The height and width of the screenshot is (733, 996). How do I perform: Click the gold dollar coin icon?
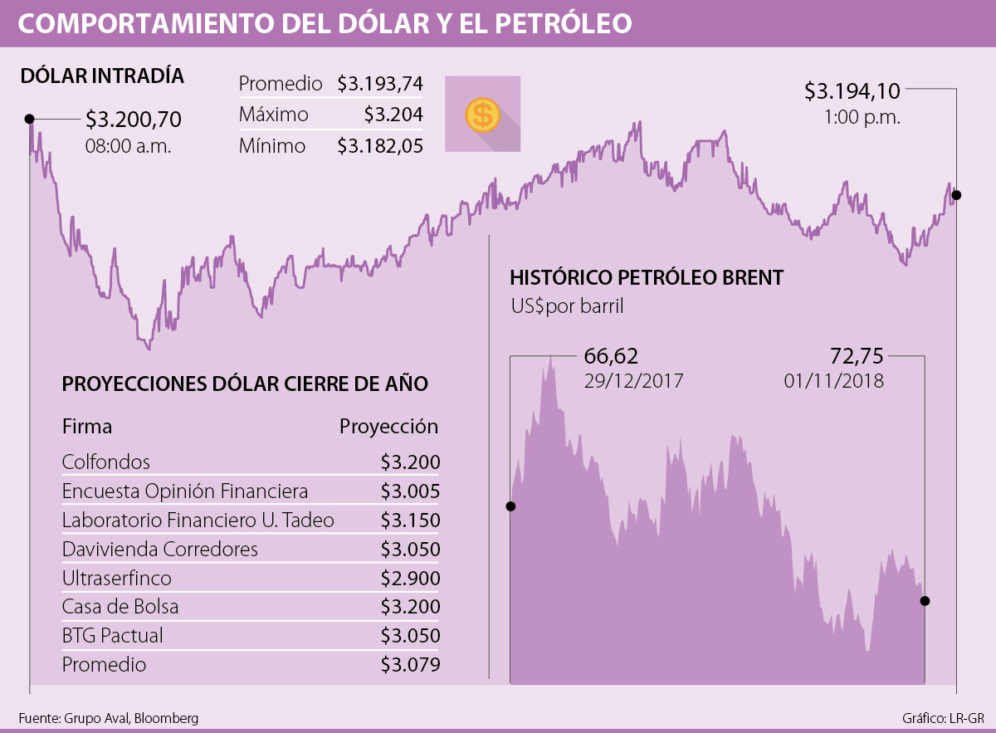[x=482, y=114]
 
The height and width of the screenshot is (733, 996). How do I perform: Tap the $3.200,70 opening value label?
[x=133, y=120]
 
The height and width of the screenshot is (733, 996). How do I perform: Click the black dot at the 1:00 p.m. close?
[x=956, y=195]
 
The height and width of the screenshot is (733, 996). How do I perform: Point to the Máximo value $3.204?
[x=393, y=115]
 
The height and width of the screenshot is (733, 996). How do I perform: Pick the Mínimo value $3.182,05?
[x=380, y=146]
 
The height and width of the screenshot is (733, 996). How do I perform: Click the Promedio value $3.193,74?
[x=380, y=84]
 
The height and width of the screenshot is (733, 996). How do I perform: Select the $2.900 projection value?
[x=410, y=578]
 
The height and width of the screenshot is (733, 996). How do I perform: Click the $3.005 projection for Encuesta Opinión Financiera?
[x=410, y=491]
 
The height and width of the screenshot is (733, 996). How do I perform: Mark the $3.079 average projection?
[x=410, y=665]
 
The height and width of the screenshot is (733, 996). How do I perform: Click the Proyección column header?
[x=388, y=428]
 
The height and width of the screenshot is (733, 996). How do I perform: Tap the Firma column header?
[x=87, y=428]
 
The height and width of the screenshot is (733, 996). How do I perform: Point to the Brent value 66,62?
[x=611, y=357]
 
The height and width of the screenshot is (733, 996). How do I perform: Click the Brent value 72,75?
[x=857, y=357]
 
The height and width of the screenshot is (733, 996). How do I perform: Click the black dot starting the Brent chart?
[x=510, y=506]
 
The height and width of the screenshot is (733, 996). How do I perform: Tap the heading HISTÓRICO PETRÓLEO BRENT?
[x=647, y=277]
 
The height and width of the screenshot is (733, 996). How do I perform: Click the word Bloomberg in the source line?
[x=166, y=719]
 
